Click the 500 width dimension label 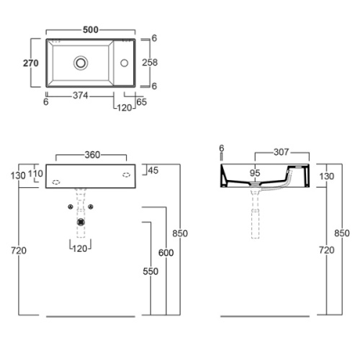[x=91, y=30]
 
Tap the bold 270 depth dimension [x=31, y=63]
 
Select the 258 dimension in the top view [x=150, y=63]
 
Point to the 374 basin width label [x=81, y=96]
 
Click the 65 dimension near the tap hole [x=141, y=102]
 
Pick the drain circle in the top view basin [x=81, y=63]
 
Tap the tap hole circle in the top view [x=125, y=63]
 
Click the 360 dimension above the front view [x=92, y=155]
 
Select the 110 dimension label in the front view [x=35, y=174]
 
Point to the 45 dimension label [x=153, y=171]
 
